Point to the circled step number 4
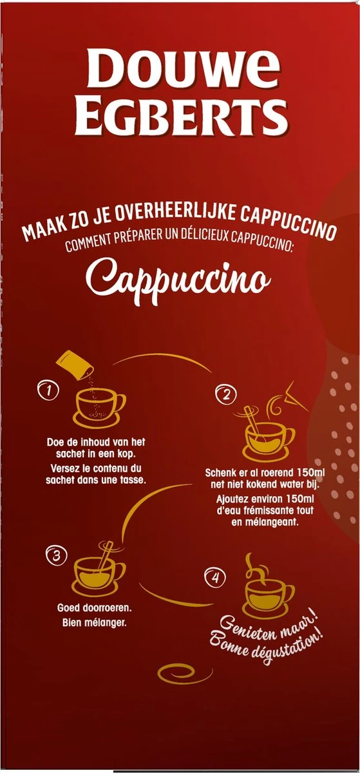point(216,577)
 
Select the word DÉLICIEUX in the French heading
point(191,244)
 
